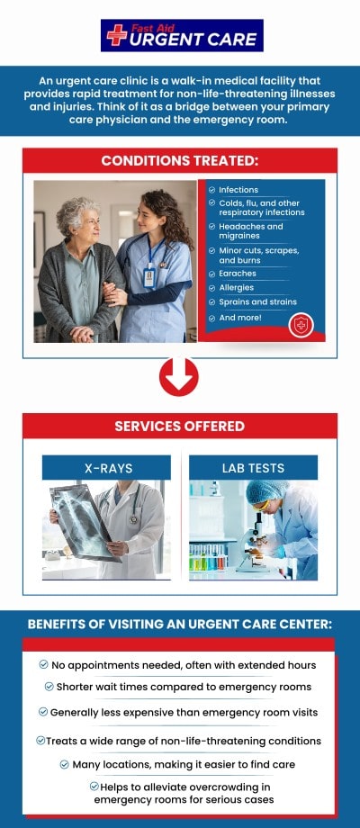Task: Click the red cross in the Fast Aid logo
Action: click(x=117, y=35)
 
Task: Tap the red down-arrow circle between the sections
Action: click(x=179, y=377)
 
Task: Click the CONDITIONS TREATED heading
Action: click(x=180, y=160)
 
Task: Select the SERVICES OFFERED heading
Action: click(x=180, y=426)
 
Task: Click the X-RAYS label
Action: click(x=109, y=468)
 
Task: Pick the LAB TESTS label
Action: click(x=254, y=468)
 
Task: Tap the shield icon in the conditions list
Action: click(x=301, y=325)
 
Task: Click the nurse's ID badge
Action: click(x=149, y=276)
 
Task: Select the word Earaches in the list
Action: click(x=238, y=274)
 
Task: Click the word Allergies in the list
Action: click(x=237, y=288)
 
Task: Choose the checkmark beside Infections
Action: click(x=211, y=190)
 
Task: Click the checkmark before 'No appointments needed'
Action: click(x=44, y=664)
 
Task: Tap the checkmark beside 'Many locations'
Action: click(x=65, y=764)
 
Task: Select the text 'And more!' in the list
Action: click(x=240, y=318)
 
